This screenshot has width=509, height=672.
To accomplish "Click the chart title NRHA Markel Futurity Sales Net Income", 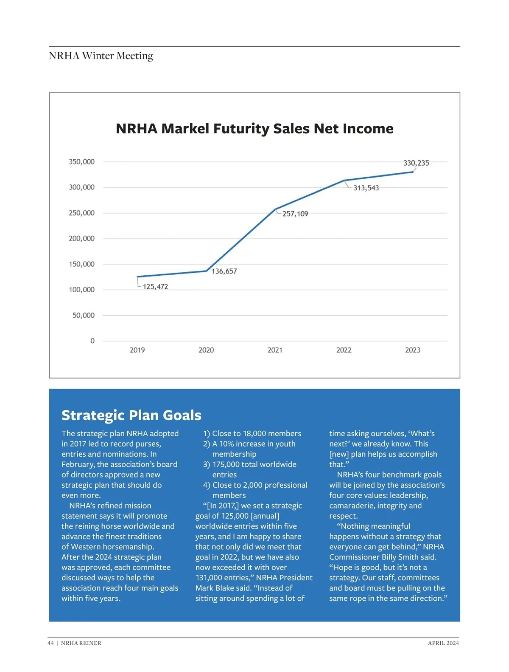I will [x=255, y=128].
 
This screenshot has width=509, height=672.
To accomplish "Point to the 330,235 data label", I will [x=416, y=163].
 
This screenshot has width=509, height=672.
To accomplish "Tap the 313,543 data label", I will [x=366, y=188].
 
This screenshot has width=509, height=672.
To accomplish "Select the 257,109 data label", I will [x=295, y=214].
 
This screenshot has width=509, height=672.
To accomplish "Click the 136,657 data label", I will [x=224, y=271].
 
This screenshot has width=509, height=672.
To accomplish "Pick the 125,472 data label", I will [x=155, y=287].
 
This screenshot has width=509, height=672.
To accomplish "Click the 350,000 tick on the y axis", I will [x=81, y=162].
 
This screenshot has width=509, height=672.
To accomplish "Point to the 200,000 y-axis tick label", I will [x=81, y=238].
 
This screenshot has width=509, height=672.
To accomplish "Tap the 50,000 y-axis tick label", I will [x=83, y=315].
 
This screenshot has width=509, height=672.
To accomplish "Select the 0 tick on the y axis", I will [x=92, y=341].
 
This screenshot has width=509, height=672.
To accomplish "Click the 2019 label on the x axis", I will [x=137, y=350].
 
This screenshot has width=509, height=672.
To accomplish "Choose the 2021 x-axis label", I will [x=275, y=350].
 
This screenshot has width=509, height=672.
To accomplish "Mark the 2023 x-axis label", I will [x=413, y=350].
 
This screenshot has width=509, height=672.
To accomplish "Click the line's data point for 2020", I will [x=206, y=271].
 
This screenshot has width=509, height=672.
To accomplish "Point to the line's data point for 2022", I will [x=344, y=181].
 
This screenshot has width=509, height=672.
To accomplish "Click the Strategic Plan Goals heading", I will [x=131, y=415].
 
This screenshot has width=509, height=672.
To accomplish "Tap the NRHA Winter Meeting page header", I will [x=101, y=56].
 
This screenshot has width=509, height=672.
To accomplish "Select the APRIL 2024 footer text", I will [x=443, y=643].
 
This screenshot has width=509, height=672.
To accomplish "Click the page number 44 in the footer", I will [x=51, y=643].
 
